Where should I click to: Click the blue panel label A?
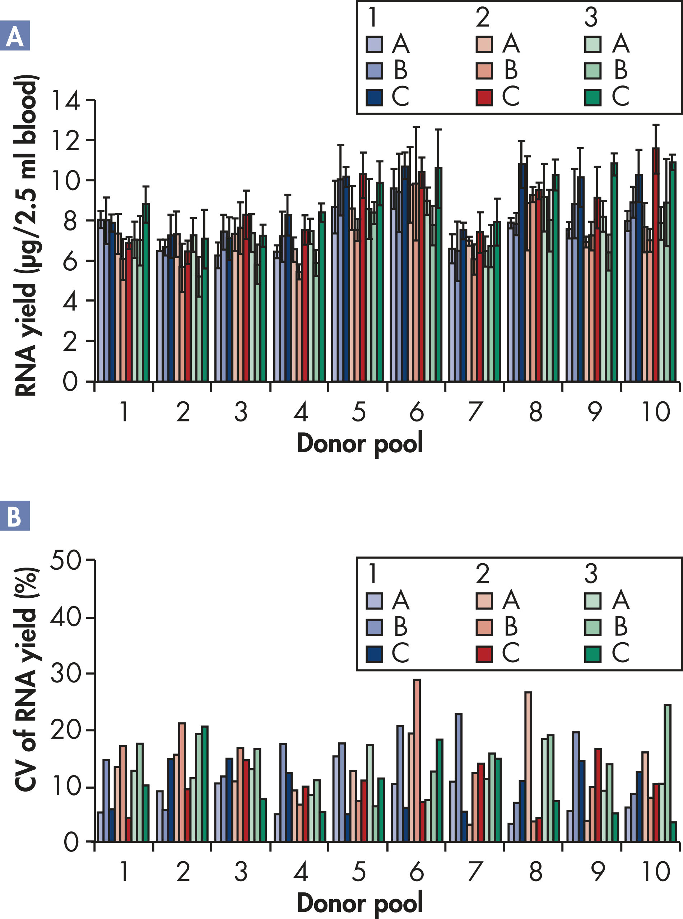15,36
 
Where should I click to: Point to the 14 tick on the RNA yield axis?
65,101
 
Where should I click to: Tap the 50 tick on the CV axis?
66,561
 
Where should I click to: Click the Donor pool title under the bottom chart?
360,903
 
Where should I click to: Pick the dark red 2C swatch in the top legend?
484,97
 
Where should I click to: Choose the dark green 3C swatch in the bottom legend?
593,654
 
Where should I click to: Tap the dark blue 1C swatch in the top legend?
374,97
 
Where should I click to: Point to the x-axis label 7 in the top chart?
475,412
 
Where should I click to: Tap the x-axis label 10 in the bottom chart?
656,872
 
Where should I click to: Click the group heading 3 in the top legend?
591,18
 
